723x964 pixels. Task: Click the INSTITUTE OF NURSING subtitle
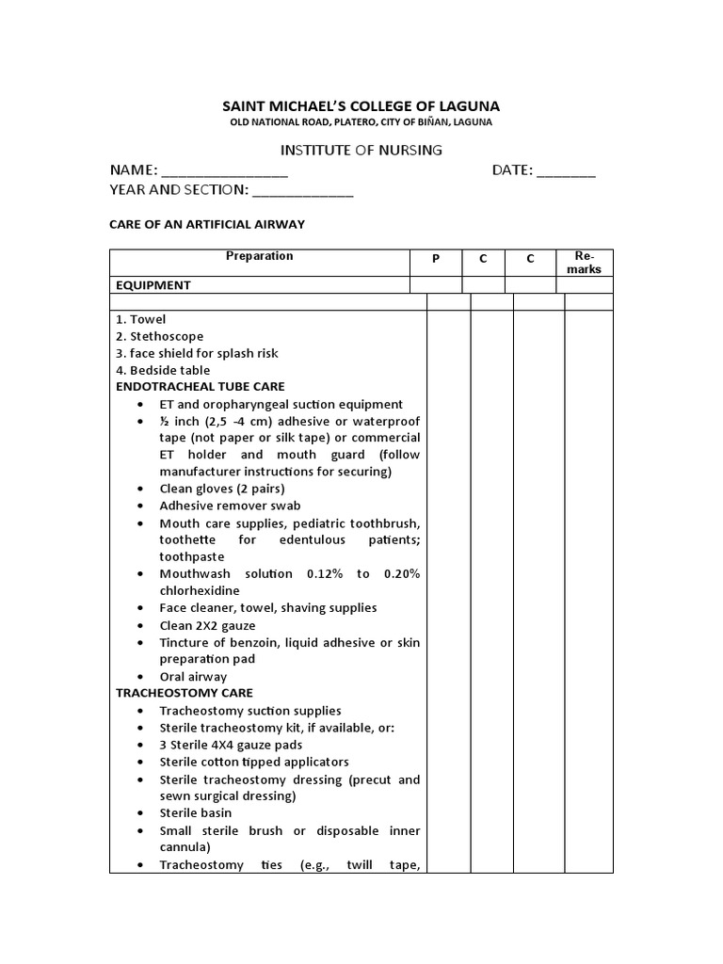(x=361, y=150)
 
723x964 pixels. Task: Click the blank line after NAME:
(x=225, y=171)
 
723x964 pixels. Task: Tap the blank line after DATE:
(x=566, y=171)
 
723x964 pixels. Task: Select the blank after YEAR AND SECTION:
(x=302, y=190)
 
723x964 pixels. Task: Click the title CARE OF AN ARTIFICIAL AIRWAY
(x=208, y=224)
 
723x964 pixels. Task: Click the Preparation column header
(x=259, y=256)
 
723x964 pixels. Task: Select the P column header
(x=435, y=259)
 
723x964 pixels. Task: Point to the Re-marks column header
(x=585, y=263)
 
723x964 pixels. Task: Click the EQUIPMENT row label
(x=153, y=285)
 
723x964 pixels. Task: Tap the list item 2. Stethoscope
(x=159, y=336)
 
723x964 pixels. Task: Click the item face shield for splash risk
(x=197, y=353)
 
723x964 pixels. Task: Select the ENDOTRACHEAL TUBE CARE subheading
(x=200, y=387)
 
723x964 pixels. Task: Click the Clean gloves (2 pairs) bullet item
(x=222, y=489)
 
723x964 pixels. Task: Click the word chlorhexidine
(x=199, y=591)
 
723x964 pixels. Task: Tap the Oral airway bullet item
(x=193, y=676)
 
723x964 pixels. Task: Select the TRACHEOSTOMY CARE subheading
(x=184, y=693)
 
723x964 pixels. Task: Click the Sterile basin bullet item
(x=195, y=812)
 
